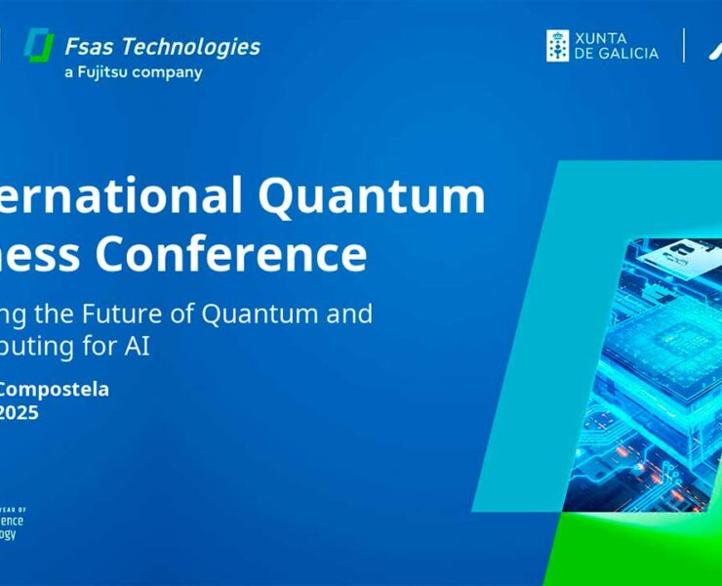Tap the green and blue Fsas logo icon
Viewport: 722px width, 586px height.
39,46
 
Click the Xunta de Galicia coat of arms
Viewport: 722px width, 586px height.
557,45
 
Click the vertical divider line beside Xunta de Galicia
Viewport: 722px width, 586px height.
683,45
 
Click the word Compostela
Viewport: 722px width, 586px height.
54,389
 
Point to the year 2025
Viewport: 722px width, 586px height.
20,412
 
